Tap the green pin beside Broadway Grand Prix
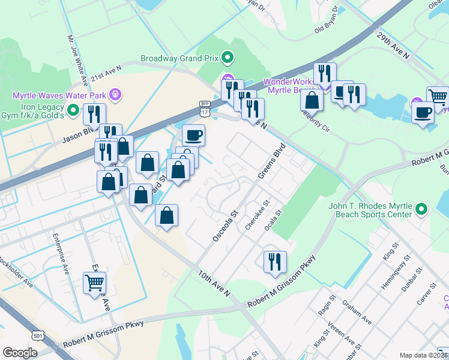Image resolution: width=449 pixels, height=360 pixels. [x=228, y=58]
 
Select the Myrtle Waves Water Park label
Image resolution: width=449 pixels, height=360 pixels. [x=59, y=95]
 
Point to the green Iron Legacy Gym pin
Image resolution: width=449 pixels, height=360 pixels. [x=73, y=110]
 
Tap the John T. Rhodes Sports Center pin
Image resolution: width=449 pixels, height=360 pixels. [x=422, y=209]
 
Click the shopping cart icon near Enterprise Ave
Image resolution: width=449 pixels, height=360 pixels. [x=95, y=282]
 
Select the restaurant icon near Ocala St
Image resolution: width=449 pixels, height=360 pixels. [x=275, y=262]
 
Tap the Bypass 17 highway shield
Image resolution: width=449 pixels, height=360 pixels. [x=204, y=109]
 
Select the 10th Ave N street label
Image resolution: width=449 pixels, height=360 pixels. [x=214, y=283]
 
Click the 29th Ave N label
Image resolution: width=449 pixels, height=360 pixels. [x=393, y=46]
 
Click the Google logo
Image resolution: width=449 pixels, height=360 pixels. [x=20, y=352]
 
